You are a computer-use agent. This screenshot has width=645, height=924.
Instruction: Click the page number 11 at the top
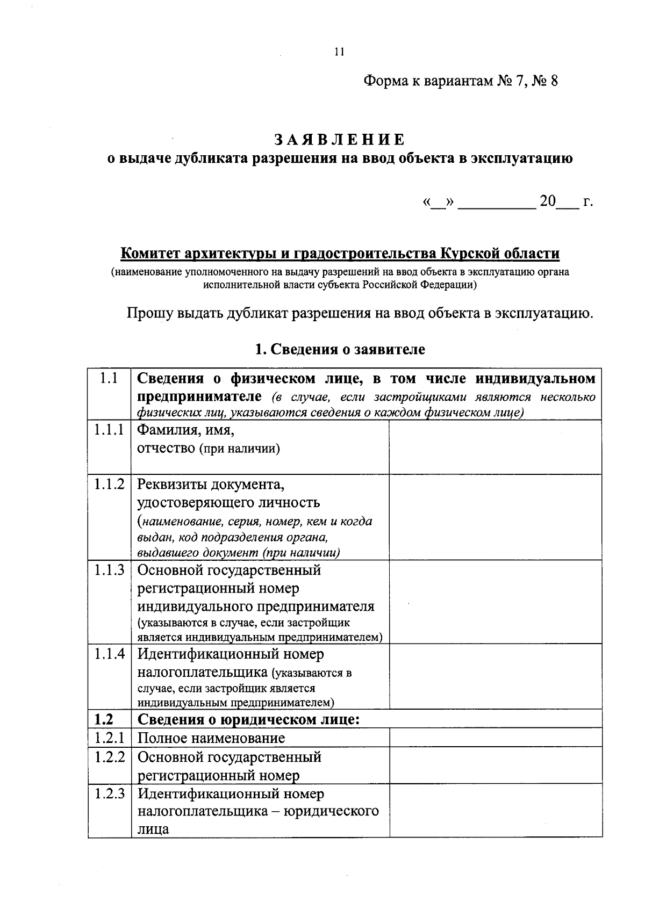pos(339,52)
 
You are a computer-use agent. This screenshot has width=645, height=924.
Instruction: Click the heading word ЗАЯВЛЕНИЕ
pos(340,140)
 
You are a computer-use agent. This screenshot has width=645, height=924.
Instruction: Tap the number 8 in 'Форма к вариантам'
pos(554,82)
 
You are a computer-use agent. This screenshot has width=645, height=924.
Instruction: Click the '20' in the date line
pos(548,202)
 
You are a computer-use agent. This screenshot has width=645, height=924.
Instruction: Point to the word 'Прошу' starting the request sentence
pos(149,313)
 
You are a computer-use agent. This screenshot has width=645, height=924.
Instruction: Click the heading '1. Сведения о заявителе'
pos(340,350)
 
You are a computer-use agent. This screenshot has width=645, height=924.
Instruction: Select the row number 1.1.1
pos(110,430)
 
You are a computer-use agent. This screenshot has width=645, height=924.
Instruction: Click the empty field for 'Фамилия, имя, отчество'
pos(495,447)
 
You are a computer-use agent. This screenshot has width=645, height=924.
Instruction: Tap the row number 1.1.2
pos(110,485)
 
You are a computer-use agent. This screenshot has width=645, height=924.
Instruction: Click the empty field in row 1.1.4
pos(495,676)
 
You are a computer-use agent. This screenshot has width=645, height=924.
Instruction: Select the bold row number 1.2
pos(105,719)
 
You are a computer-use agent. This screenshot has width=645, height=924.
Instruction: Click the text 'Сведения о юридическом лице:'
pos(248,719)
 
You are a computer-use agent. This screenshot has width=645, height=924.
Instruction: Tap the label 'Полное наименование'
pos(211,738)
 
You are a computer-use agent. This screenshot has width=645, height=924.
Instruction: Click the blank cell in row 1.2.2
pos(495,765)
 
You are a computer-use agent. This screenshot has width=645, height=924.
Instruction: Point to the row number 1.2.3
pos(110,793)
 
